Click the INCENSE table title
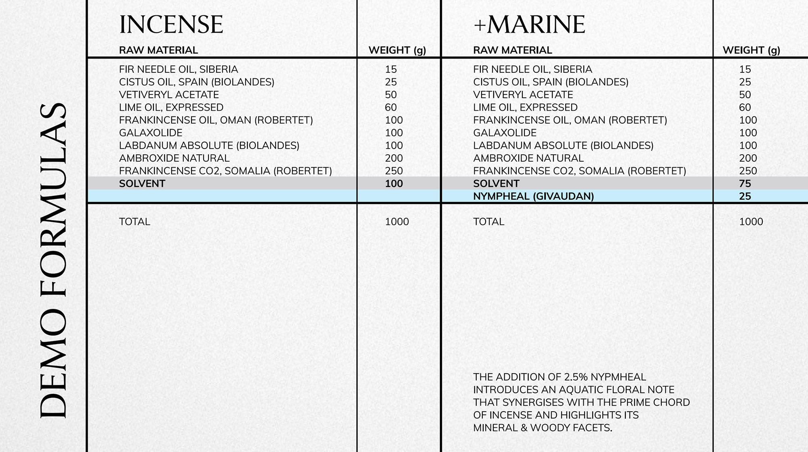click(171, 25)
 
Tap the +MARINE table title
click(529, 25)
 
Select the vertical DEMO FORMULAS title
click(54, 261)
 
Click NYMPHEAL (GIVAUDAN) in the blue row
click(533, 196)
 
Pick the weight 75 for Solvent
click(745, 184)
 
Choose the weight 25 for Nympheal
click(745, 196)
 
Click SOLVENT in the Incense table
click(142, 184)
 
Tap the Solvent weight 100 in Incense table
click(394, 184)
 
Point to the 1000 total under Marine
click(751, 222)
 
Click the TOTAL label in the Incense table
click(135, 222)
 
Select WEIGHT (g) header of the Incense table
click(397, 50)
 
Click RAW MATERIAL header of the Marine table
click(512, 50)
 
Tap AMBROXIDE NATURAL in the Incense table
click(174, 158)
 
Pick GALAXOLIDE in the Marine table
click(505, 133)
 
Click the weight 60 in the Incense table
click(391, 107)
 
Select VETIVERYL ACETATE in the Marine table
click(523, 95)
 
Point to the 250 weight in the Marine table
click(748, 171)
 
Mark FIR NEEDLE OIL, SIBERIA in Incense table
click(179, 69)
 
